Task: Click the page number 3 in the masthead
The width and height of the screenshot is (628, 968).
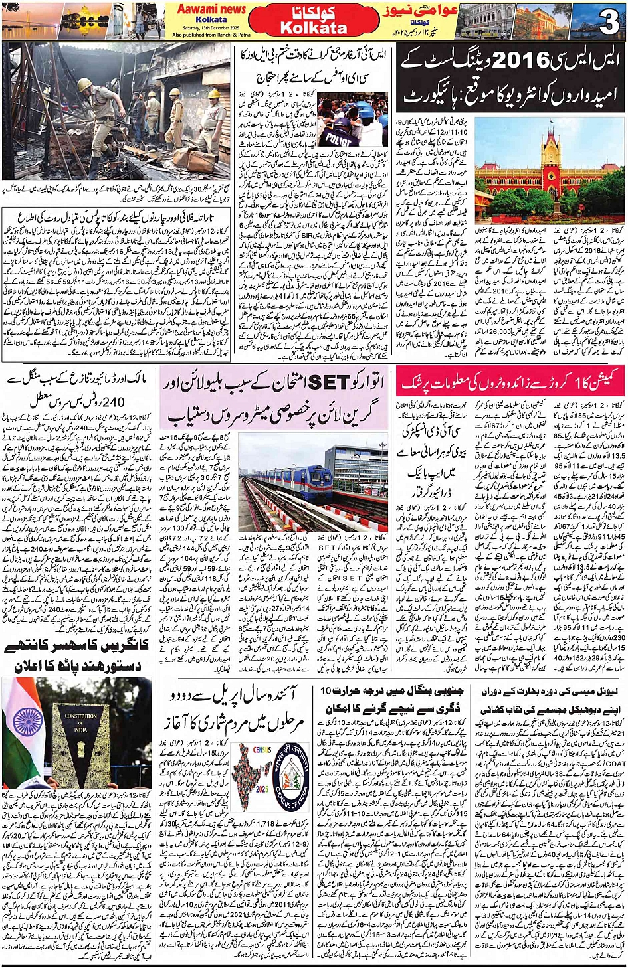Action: [609, 22]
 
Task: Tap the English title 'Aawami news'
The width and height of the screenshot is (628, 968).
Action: [211, 9]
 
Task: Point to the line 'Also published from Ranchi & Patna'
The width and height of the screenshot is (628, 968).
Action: [211, 35]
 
